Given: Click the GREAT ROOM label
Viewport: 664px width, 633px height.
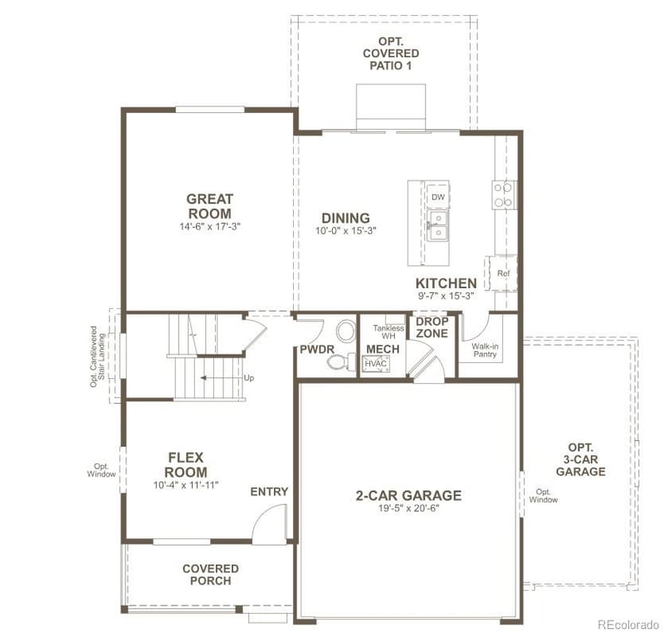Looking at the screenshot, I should click(x=209, y=206).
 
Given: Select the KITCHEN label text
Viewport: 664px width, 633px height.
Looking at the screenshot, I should click(x=446, y=283).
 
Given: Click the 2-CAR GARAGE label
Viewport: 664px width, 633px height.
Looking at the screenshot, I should click(x=408, y=496).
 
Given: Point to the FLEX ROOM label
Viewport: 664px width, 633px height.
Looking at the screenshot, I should click(x=185, y=464).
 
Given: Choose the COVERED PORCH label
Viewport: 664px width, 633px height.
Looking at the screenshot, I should click(x=210, y=574).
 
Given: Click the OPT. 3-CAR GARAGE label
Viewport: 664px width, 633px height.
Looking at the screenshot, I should click(x=580, y=459).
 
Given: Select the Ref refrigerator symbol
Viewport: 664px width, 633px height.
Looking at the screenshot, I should click(x=503, y=273).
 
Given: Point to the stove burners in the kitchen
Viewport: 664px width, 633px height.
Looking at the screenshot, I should click(x=503, y=195).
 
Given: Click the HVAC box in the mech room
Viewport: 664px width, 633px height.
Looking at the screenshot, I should click(x=376, y=363).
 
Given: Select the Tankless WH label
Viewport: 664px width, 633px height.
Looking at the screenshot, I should click(x=388, y=331).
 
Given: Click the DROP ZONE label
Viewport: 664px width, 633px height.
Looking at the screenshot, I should click(x=432, y=327).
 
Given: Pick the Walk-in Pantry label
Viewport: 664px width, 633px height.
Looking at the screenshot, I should click(x=485, y=349).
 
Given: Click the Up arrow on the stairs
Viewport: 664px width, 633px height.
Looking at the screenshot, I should click(x=224, y=377).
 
